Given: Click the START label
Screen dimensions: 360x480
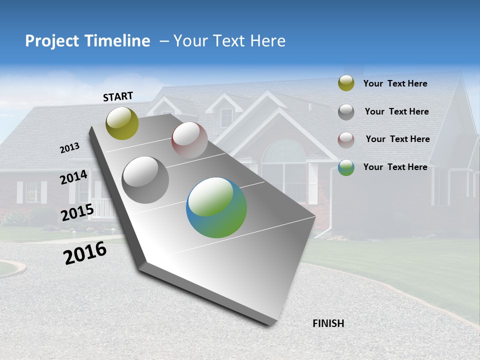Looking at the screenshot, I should coord(118,96).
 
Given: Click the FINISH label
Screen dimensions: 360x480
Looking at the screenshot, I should coord(328,323).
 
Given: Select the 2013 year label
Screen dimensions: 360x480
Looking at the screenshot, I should coord(70,148).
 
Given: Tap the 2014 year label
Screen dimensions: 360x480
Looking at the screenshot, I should coord(74,177).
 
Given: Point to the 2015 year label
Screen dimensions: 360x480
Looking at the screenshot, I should coord(77,212).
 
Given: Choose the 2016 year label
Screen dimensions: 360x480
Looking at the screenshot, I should coord(85,253).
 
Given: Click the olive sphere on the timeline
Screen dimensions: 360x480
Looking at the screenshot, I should coord(122,123).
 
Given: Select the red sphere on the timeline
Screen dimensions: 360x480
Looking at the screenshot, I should coord(189,140).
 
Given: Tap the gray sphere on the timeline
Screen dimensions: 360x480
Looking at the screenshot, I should coord(145,180).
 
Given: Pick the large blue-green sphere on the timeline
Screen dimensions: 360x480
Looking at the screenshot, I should coord(216,207).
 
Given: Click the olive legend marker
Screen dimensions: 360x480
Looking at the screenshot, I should coord(346,83).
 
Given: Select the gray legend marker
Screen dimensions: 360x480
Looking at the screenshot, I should coord(346,112).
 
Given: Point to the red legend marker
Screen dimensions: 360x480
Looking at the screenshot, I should coord(346,140).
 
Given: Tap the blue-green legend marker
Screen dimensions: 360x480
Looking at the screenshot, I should coord(346,167).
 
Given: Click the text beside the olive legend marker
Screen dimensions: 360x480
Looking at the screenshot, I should coord(395,84).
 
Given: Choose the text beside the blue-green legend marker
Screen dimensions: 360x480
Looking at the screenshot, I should coord(395,167).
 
